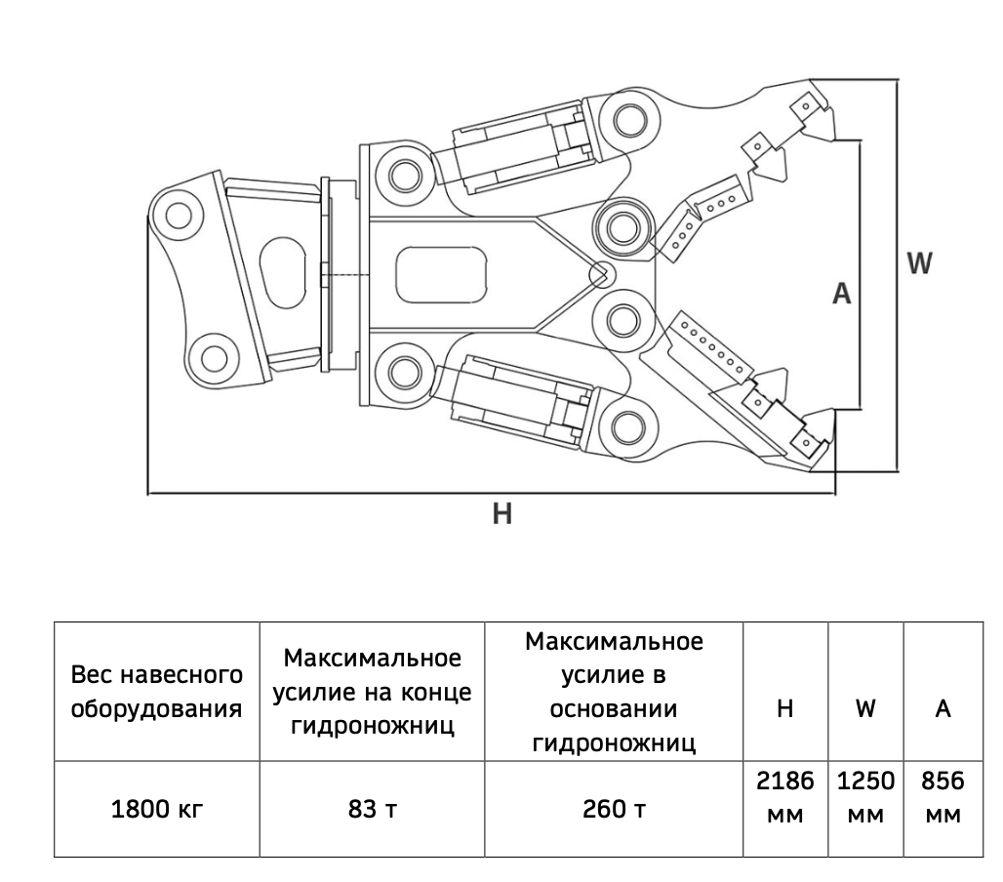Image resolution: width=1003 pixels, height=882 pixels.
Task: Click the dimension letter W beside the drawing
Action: [x=920, y=262]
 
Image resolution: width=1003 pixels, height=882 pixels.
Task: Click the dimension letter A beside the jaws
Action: [x=842, y=293]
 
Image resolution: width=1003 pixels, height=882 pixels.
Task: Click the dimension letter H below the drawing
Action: [x=502, y=513]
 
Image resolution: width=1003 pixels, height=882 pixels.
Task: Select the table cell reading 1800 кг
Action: [x=157, y=809]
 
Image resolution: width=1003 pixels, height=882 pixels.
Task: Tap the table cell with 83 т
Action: [x=373, y=809]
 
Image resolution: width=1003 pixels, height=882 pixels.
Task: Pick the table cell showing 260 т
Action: [x=614, y=809]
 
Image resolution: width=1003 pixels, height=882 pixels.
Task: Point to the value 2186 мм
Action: [x=784, y=797]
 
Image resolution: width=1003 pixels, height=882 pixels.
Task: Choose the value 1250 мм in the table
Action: [x=866, y=797]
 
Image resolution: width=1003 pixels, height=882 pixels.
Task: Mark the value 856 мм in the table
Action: [x=943, y=797]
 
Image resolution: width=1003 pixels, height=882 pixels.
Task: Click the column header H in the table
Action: [x=784, y=708]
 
